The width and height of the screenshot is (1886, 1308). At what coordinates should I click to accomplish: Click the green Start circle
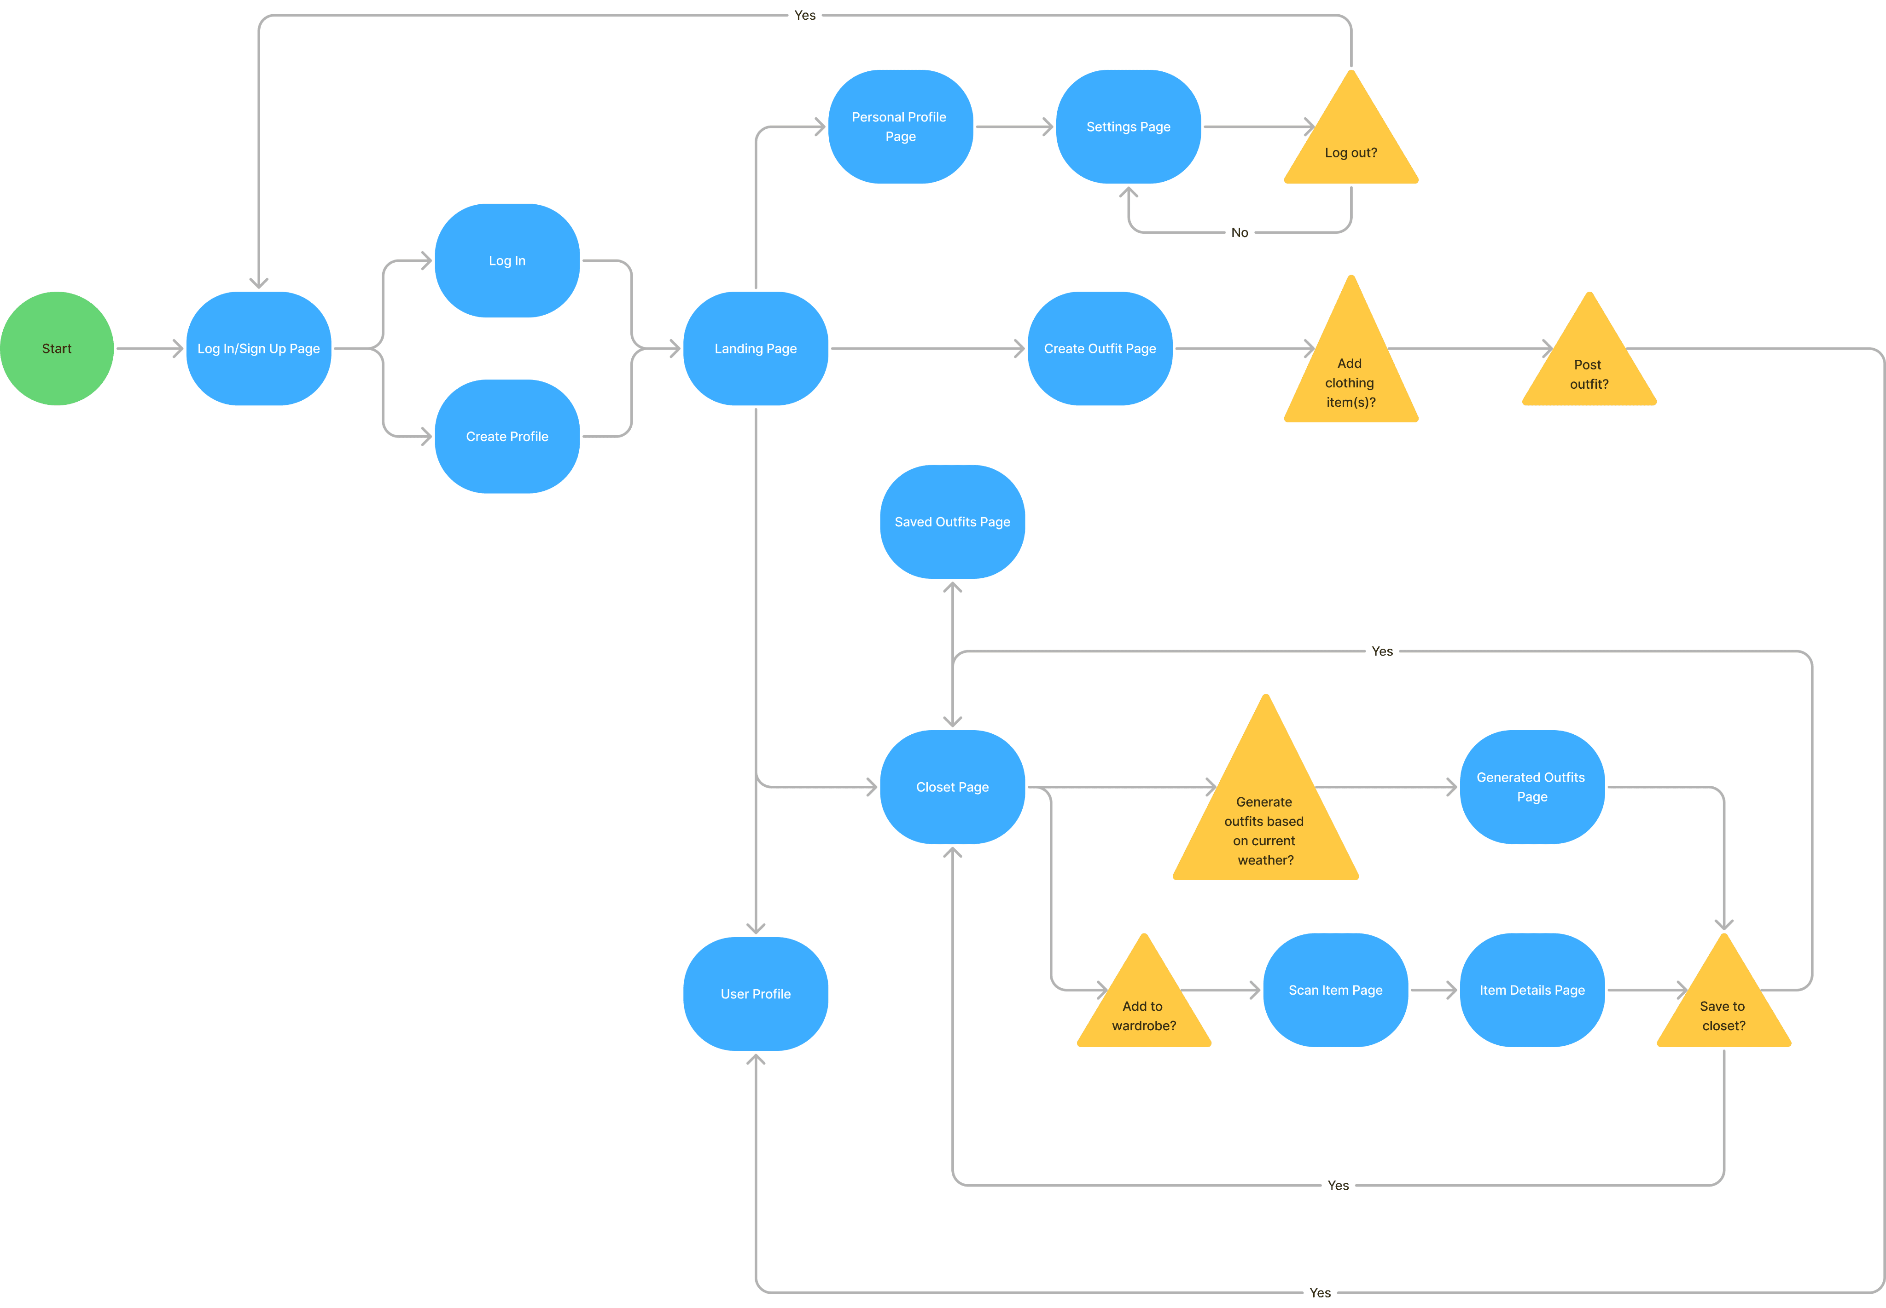(x=57, y=348)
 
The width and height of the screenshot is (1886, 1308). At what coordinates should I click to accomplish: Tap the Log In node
(x=507, y=260)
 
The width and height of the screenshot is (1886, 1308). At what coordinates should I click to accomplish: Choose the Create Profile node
(x=507, y=436)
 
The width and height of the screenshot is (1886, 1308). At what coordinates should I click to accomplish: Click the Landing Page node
(x=755, y=348)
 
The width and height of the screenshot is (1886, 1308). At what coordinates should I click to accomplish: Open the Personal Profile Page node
(x=900, y=126)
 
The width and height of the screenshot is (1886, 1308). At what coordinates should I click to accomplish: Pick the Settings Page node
(x=1128, y=126)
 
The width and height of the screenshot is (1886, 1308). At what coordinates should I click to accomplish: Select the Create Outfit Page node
(x=1100, y=348)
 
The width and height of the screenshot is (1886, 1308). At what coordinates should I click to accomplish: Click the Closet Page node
(x=952, y=787)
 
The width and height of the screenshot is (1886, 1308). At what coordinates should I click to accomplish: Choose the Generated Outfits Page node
(x=1532, y=787)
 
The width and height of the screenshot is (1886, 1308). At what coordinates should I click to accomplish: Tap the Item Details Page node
(x=1532, y=990)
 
